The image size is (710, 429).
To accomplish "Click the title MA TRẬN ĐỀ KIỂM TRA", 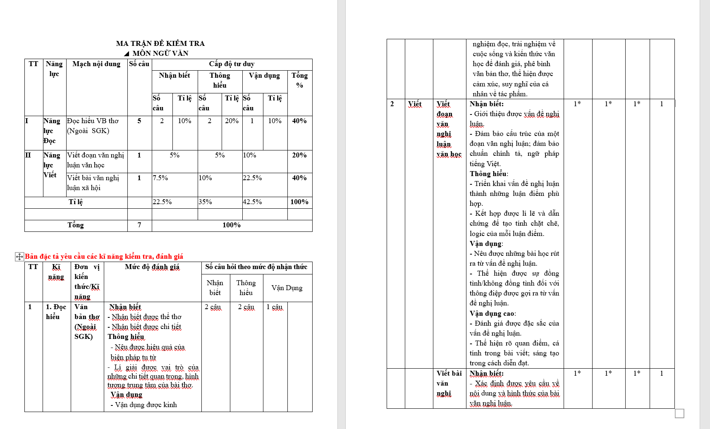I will click(x=160, y=43).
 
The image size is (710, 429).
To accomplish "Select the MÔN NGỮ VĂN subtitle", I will click(x=160, y=53).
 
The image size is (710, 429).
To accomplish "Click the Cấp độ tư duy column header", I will click(x=232, y=64).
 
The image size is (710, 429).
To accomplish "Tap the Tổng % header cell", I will click(x=299, y=80).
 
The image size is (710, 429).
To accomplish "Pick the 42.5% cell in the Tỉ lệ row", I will click(x=252, y=202).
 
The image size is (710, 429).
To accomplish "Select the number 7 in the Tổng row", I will click(x=139, y=225).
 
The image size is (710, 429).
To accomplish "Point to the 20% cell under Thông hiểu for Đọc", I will click(x=232, y=121).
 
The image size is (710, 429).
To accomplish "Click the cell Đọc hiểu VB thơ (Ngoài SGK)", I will click(x=93, y=126).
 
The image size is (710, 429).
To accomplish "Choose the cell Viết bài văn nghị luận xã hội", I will click(x=93, y=183).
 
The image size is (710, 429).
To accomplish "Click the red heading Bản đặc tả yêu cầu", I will click(x=104, y=257).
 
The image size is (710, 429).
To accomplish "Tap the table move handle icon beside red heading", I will click(x=19, y=257).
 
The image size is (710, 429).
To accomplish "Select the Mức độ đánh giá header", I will click(x=152, y=267).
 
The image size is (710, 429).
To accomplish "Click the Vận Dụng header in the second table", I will click(x=287, y=288).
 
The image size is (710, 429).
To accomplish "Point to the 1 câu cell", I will click(x=275, y=307).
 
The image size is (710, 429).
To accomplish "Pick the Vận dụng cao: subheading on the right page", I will click(x=492, y=314).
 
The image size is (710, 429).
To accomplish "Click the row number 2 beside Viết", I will click(x=392, y=104).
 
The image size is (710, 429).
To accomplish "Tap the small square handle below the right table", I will click(x=679, y=413).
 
